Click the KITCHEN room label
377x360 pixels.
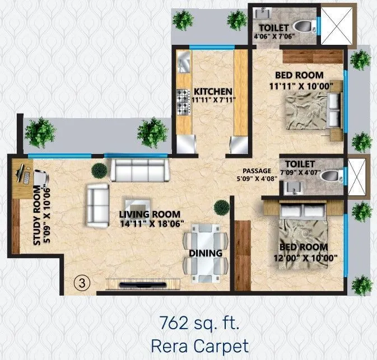pos(212,91)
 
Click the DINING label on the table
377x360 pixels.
pos(206,253)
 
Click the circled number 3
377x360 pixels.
pos(82,283)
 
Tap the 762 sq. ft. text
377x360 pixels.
pos(200,323)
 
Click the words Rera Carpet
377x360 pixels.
pos(200,345)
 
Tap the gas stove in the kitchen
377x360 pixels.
pos(184,101)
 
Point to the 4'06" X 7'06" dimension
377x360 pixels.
pos(273,38)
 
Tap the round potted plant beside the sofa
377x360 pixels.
pos(99,170)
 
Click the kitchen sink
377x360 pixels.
pos(184,61)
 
